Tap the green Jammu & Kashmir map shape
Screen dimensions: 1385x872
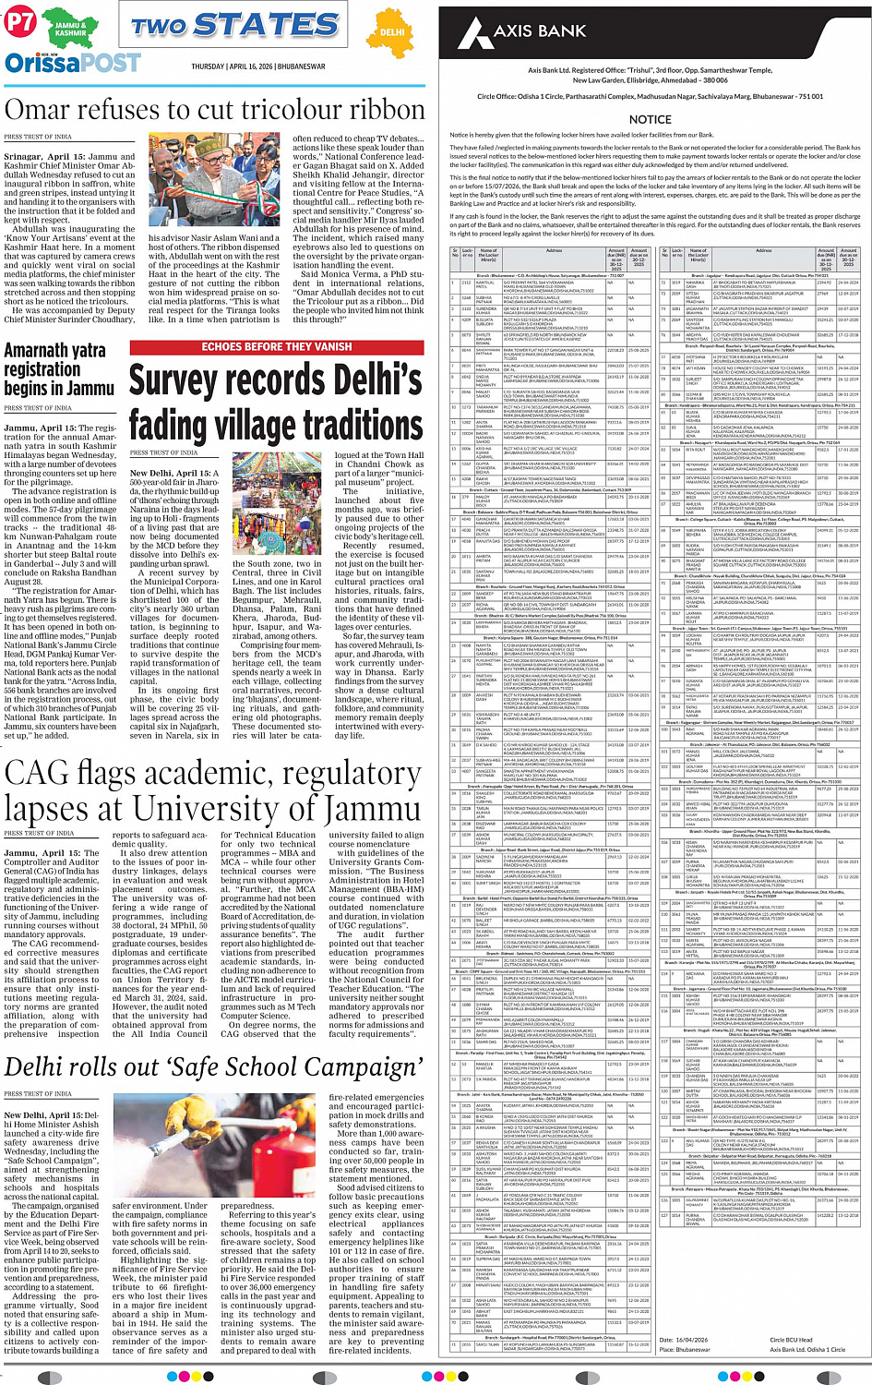pyautogui.click(x=69, y=28)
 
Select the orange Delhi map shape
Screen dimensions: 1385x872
pyautogui.click(x=393, y=32)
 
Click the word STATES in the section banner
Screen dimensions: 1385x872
pyautogui.click(x=266, y=25)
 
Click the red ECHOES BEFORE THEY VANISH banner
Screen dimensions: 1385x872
pyautogui.click(x=277, y=347)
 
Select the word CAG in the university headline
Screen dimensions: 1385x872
pyautogui.click(x=36, y=772)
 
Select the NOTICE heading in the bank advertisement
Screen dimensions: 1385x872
pyautogui.click(x=650, y=119)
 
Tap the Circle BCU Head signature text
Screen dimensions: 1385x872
pyautogui.click(x=792, y=1340)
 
